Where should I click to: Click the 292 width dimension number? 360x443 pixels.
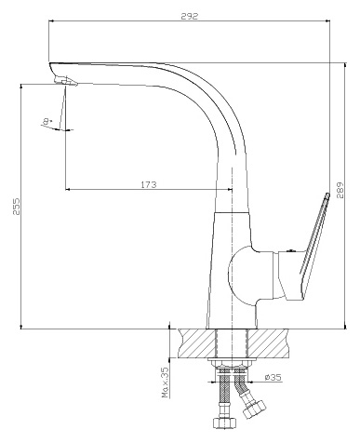point(189,16)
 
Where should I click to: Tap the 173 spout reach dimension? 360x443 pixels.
point(149,184)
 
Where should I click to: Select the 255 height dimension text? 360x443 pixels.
point(17,207)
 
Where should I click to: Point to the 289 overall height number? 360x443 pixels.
point(340,190)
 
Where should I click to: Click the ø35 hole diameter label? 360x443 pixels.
point(273,377)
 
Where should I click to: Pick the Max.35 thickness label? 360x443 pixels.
point(165,383)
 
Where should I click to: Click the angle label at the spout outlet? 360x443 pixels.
point(47,121)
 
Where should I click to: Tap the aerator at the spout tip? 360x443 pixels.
point(66,82)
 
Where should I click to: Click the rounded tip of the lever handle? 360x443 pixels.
point(327,195)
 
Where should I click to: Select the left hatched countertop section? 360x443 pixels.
point(197,343)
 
